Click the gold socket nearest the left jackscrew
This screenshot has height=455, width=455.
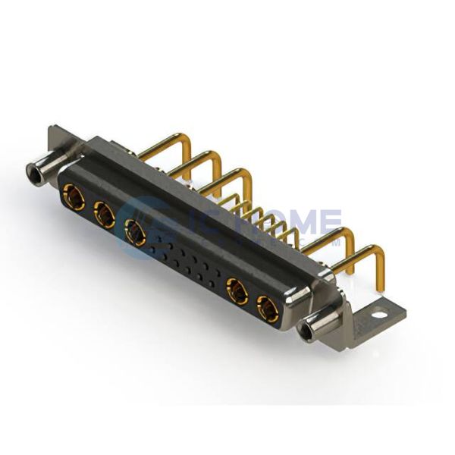click(74, 196)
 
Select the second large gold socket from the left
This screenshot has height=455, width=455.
click(104, 215)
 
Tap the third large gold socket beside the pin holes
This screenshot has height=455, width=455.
click(136, 232)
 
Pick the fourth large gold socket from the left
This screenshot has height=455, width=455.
click(237, 290)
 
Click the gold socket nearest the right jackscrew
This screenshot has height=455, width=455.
click(268, 308)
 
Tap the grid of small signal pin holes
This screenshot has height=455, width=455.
click(186, 262)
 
